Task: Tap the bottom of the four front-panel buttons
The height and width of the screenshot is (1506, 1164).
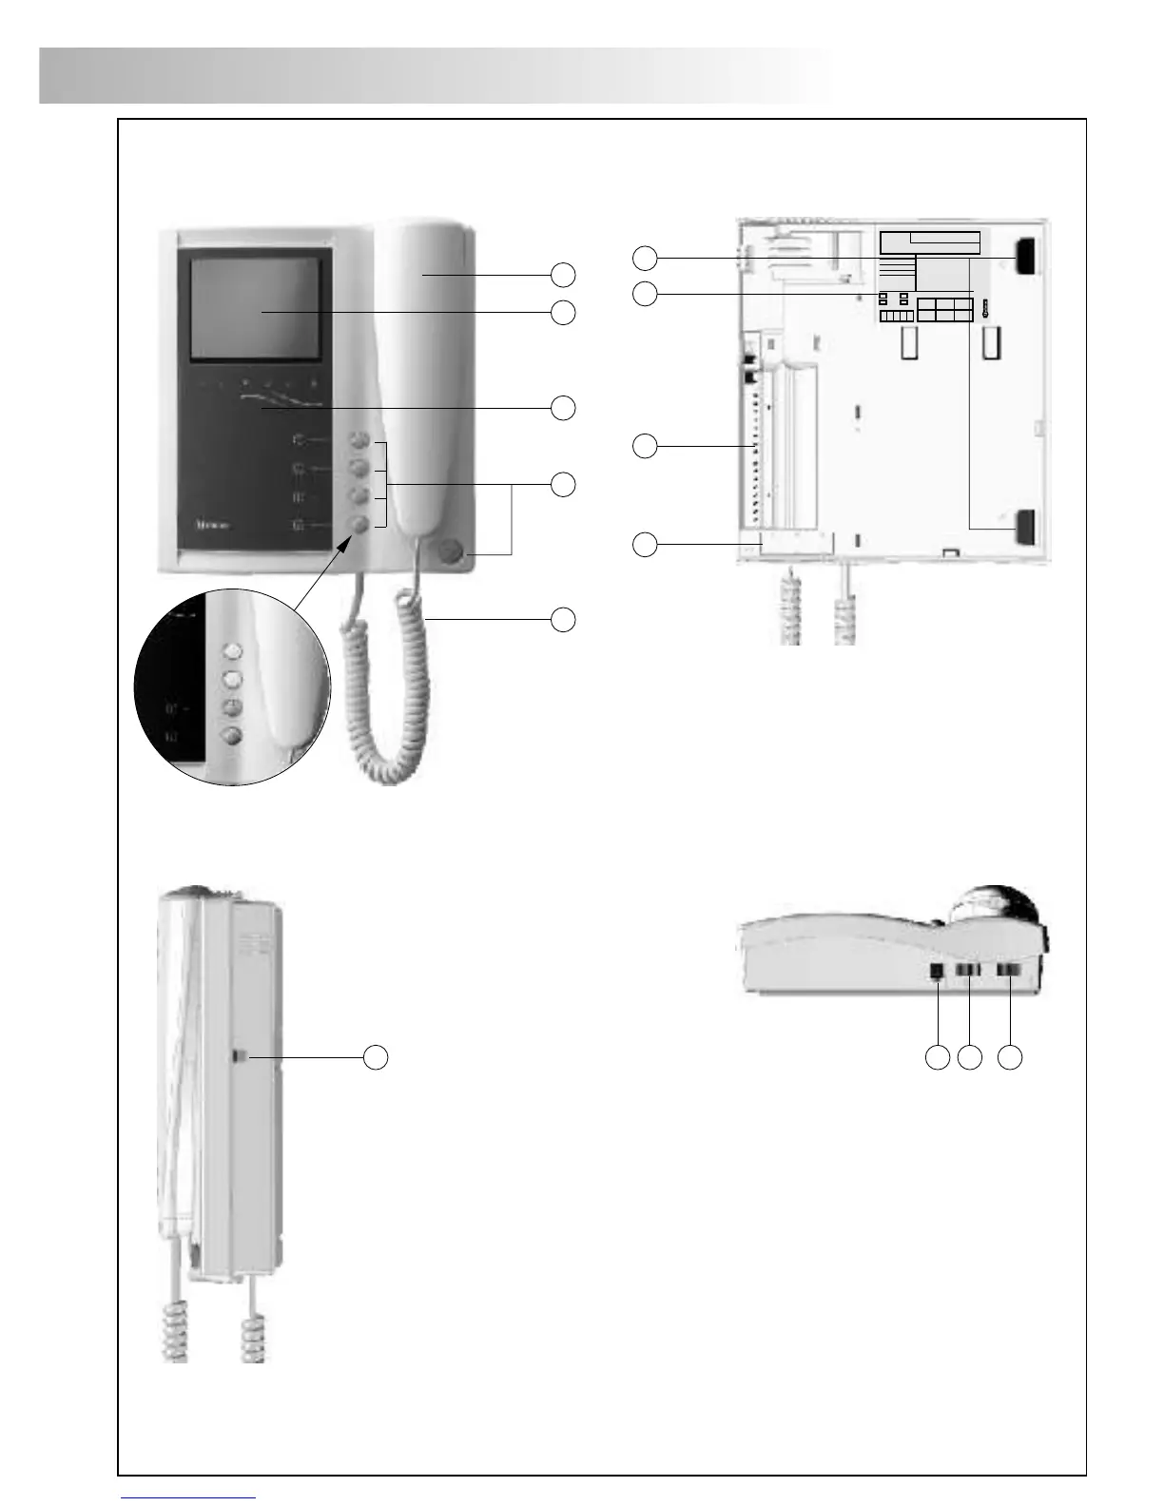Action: coord(359,524)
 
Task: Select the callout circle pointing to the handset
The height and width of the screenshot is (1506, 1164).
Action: coord(563,275)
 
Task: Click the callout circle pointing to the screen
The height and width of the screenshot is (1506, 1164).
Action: coord(563,312)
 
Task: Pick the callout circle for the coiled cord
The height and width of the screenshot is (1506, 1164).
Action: coord(563,619)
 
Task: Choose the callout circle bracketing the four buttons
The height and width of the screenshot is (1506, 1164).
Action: coord(563,483)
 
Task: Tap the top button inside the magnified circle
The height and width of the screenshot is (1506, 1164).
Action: coord(233,652)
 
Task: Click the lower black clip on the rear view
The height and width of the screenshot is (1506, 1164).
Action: coord(1025,526)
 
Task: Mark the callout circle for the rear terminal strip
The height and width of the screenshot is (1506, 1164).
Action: coord(645,446)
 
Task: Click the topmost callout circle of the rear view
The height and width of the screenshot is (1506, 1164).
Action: coord(645,257)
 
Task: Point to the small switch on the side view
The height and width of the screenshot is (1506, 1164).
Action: coord(240,1056)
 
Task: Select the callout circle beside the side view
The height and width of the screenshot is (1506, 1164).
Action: coord(377,1057)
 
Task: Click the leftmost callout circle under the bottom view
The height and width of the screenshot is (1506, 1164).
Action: coord(938,1057)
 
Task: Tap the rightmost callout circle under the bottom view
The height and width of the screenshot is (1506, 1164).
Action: coord(1010,1057)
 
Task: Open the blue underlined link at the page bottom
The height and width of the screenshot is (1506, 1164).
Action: coord(189,1496)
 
